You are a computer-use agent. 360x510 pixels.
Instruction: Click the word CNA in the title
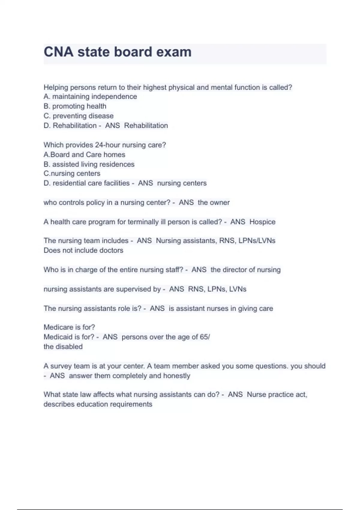click(x=58, y=52)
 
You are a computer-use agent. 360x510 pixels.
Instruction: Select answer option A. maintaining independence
click(x=90, y=97)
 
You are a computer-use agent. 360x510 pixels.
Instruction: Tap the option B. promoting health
click(x=75, y=106)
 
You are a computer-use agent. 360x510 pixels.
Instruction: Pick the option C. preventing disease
click(x=79, y=116)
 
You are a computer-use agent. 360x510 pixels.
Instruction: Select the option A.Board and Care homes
click(x=84, y=154)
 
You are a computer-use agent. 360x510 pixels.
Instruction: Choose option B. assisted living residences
click(x=89, y=164)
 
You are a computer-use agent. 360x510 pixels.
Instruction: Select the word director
click(x=235, y=270)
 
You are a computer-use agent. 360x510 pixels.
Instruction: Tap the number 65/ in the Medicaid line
click(x=205, y=337)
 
